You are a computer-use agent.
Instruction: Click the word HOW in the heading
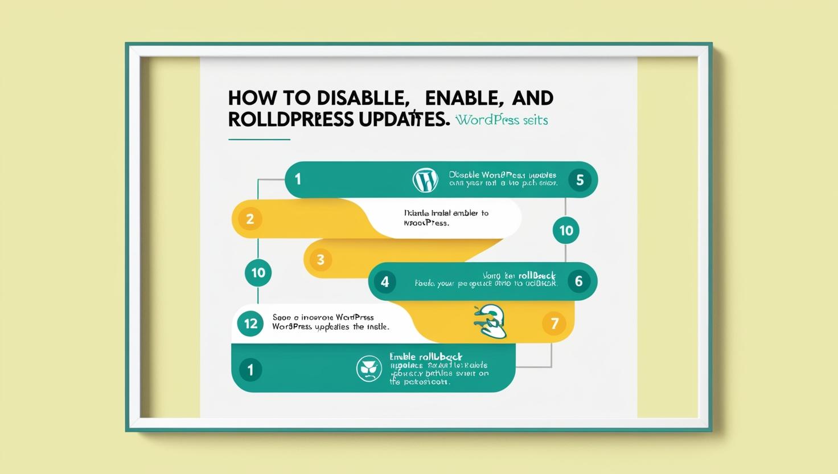[247, 99]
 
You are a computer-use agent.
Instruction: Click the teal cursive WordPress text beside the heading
[502, 120]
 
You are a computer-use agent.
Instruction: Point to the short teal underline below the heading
[259, 139]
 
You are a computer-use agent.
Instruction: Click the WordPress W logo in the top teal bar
[425, 179]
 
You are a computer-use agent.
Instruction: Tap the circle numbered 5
[580, 180]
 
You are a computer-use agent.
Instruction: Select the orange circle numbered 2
[250, 219]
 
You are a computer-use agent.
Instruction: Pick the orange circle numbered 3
[321, 260]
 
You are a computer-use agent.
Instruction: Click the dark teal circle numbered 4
[385, 281]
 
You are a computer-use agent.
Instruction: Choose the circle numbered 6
[578, 281]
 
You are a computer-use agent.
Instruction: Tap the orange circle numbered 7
[554, 324]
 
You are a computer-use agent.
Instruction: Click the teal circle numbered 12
[250, 324]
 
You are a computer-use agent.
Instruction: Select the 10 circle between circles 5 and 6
[566, 230]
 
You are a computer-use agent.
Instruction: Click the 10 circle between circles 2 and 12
[258, 272]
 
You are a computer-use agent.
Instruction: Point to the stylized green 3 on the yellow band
[491, 321]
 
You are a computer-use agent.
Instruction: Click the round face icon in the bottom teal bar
[369, 369]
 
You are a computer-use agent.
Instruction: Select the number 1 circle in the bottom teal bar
[250, 369]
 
